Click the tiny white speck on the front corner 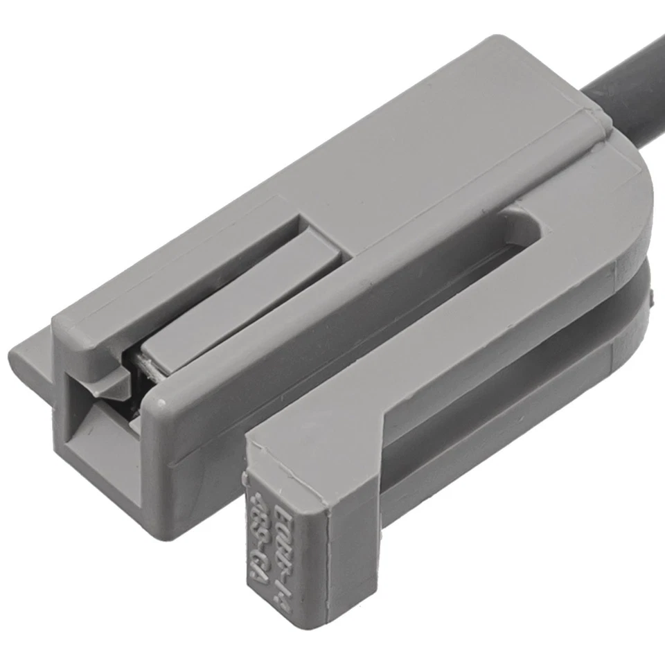tap(161, 401)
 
